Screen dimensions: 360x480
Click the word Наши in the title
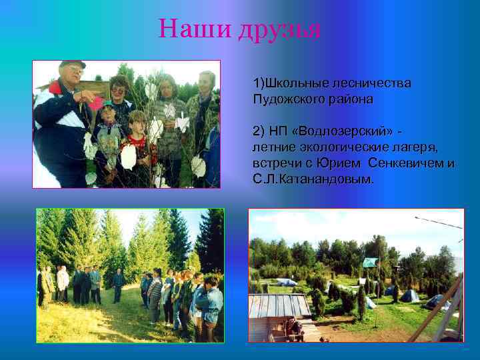pyautogui.click(x=193, y=29)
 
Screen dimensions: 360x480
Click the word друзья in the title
pyautogui.click(x=279, y=29)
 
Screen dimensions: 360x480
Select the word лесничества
pyautogui.click(x=373, y=84)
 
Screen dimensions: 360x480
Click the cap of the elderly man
pyautogui.click(x=71, y=65)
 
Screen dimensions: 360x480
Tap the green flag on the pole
pyautogui.click(x=371, y=262)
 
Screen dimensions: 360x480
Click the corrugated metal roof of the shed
pyautogui.click(x=280, y=306)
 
